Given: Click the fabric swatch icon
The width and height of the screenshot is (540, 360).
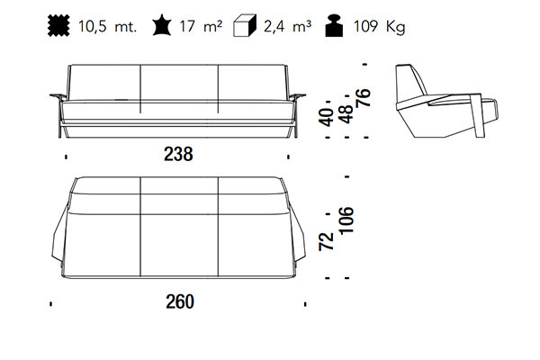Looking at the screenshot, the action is pyautogui.click(x=58, y=25).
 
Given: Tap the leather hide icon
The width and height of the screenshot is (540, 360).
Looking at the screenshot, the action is pyautogui.click(x=161, y=26).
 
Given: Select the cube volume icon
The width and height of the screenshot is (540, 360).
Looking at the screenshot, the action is pyautogui.click(x=245, y=25).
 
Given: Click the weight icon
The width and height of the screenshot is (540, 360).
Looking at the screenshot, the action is pyautogui.click(x=334, y=25).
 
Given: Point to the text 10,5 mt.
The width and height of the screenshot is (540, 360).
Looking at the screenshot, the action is pyautogui.click(x=107, y=26).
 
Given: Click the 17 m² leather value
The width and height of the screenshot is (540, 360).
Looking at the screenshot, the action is pyautogui.click(x=201, y=26).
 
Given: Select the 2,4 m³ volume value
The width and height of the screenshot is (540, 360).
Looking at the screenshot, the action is pyautogui.click(x=288, y=26).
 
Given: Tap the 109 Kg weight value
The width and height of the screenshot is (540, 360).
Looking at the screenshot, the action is pyautogui.click(x=380, y=26).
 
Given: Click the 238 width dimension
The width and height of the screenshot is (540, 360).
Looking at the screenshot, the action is pyautogui.click(x=178, y=154).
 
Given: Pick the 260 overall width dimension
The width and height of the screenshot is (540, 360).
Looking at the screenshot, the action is pyautogui.click(x=180, y=301).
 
